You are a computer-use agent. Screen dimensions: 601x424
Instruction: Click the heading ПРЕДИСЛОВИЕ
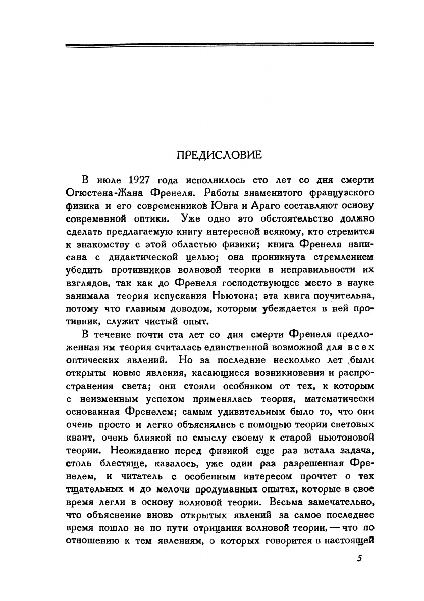(220, 155)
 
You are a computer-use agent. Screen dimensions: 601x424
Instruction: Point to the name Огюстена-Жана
(116, 193)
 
